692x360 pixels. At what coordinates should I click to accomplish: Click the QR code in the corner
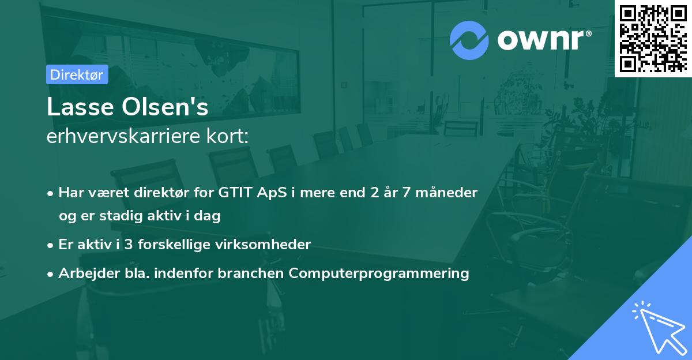tap(653, 39)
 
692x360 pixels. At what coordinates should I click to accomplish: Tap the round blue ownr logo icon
tap(469, 40)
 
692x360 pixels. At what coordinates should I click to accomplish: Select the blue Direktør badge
tap(77, 74)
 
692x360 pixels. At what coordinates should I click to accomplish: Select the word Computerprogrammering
tap(379, 273)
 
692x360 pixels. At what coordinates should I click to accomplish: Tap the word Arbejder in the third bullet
tap(84, 273)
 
